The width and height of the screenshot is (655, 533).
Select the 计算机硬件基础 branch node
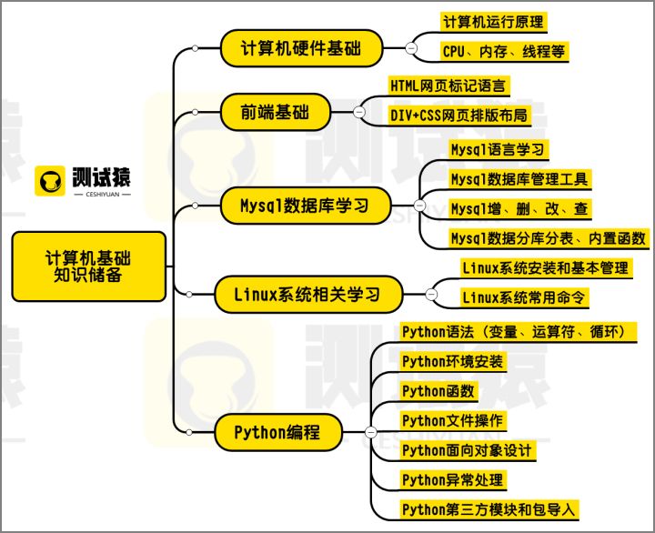tap(300, 47)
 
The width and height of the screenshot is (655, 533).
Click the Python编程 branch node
tap(277, 432)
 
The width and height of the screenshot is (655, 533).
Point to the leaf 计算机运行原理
tap(494, 20)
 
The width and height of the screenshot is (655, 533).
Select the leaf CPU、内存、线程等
tap(503, 50)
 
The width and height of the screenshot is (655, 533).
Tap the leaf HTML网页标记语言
tap(448, 85)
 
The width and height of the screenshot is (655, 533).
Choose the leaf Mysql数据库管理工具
tap(520, 178)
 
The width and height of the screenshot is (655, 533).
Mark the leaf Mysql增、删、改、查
tap(519, 208)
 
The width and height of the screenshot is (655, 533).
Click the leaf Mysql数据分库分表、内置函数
tap(549, 238)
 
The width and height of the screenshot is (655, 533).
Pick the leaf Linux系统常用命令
tap(524, 297)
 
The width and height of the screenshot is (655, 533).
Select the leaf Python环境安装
tap(452, 360)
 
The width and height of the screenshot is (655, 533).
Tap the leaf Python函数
tap(438, 390)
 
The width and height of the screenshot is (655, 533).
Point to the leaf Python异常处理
tap(453, 479)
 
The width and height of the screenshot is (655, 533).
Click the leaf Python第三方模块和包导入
tap(489, 509)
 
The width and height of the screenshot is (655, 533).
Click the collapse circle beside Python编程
tap(370, 432)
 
